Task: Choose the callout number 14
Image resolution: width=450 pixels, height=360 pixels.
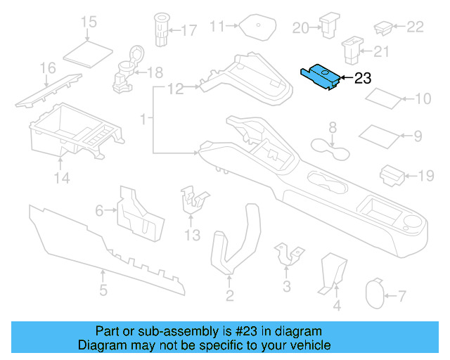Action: point(63,179)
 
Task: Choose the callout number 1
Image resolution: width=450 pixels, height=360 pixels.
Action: point(143,121)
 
